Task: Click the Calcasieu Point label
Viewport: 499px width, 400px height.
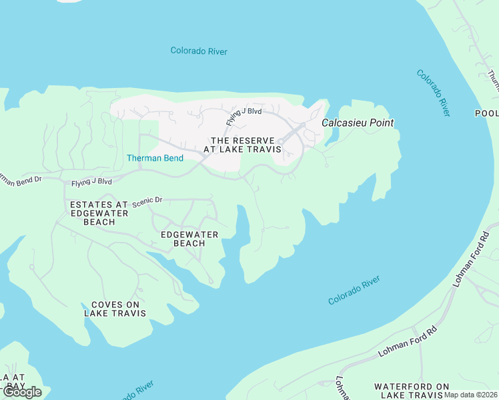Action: coord(358,123)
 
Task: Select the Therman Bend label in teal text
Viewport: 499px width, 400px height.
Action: coord(150,158)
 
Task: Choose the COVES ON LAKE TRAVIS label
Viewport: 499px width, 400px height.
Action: coord(115,308)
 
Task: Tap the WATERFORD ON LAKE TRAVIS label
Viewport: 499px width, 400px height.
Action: coord(412,391)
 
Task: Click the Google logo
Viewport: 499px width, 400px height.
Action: coord(21,392)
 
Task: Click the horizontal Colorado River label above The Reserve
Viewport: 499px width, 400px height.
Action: coord(199,51)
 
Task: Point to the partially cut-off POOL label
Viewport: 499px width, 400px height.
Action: coord(487,113)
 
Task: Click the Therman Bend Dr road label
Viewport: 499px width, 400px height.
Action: coord(20,179)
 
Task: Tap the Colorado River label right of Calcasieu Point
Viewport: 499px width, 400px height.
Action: coord(434,93)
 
